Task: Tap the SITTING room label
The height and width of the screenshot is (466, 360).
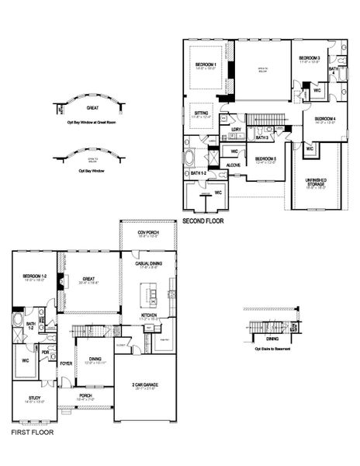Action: (x=201, y=114)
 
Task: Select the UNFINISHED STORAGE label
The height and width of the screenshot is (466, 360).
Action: (x=314, y=183)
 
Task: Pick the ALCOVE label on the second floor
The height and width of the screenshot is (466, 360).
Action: (x=233, y=165)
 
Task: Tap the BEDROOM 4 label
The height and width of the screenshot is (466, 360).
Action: (x=324, y=119)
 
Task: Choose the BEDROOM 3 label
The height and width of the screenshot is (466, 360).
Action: (x=310, y=59)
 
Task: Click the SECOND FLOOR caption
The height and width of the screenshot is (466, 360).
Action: (x=203, y=221)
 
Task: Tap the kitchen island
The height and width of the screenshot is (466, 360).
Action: (x=147, y=294)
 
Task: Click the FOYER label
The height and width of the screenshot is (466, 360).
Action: (x=67, y=362)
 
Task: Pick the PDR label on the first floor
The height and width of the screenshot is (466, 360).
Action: (x=45, y=351)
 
